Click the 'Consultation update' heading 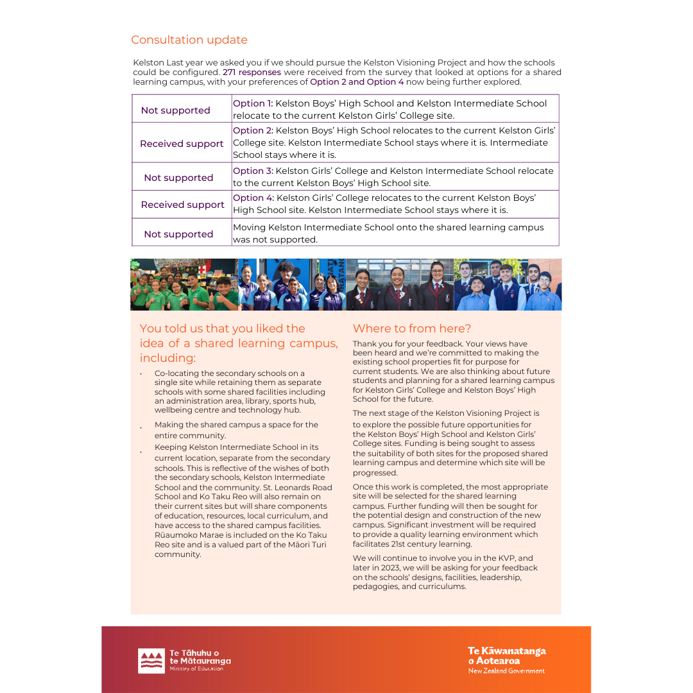coord(189,40)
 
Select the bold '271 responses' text coord(252,73)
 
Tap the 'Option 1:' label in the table coord(253,103)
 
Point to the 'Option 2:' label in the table coord(253,130)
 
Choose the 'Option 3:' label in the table coord(253,171)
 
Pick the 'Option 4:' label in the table coord(253,198)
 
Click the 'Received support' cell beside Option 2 coord(182,144)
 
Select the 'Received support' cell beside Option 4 coord(182,205)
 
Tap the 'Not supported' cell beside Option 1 coord(175,110)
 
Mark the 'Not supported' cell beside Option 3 coord(178,178)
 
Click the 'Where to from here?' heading coord(412,329)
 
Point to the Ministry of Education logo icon coord(151,660)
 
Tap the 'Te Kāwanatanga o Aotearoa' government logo coord(506,660)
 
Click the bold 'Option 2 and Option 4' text coord(357,82)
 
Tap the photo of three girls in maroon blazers coord(400,285)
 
